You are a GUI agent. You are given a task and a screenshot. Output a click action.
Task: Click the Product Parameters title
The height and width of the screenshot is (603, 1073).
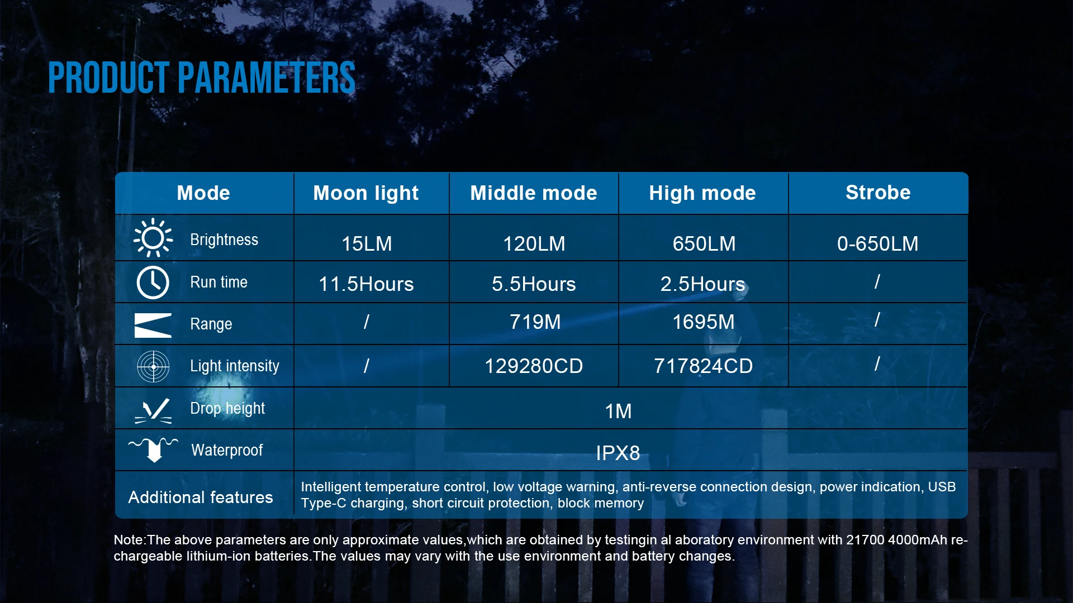(x=202, y=78)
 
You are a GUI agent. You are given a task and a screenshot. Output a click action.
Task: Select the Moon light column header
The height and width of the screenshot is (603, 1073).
(x=366, y=193)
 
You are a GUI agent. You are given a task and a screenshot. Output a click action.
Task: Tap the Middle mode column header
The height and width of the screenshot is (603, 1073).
(x=534, y=193)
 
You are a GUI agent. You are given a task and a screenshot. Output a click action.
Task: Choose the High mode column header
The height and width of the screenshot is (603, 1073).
(x=702, y=193)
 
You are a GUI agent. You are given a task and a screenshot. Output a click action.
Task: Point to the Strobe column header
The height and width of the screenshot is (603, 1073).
(x=878, y=193)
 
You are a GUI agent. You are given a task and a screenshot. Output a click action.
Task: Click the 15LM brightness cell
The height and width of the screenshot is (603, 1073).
(x=367, y=244)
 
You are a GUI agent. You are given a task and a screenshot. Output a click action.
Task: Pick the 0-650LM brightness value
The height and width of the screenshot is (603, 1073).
(x=877, y=244)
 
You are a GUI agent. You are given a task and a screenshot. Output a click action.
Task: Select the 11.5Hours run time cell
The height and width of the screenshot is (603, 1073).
(x=366, y=284)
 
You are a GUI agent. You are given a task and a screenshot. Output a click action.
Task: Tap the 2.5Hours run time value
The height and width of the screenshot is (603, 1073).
(x=702, y=284)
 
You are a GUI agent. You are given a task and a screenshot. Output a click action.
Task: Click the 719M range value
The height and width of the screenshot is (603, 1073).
(x=535, y=322)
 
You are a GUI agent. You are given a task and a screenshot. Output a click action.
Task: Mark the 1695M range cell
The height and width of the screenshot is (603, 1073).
(x=703, y=322)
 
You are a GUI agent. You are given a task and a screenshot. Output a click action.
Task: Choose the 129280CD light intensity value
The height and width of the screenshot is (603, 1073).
(x=534, y=366)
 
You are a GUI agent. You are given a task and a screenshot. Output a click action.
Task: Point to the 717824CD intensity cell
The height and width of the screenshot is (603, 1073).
(x=703, y=366)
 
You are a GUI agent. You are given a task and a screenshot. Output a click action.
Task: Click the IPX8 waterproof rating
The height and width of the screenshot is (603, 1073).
(x=618, y=453)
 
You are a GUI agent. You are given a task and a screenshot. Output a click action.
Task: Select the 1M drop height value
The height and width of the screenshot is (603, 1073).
(x=618, y=411)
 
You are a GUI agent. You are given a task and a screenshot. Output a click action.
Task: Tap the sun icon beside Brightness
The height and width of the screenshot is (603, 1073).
(x=153, y=238)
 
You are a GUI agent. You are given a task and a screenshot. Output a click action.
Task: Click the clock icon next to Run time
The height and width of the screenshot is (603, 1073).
(x=153, y=283)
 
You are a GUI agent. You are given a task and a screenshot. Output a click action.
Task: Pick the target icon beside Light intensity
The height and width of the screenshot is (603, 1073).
(x=153, y=366)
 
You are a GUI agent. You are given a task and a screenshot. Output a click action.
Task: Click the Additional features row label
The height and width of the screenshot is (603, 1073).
(x=201, y=497)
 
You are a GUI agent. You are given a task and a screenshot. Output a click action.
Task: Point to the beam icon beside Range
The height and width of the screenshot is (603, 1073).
(x=153, y=325)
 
